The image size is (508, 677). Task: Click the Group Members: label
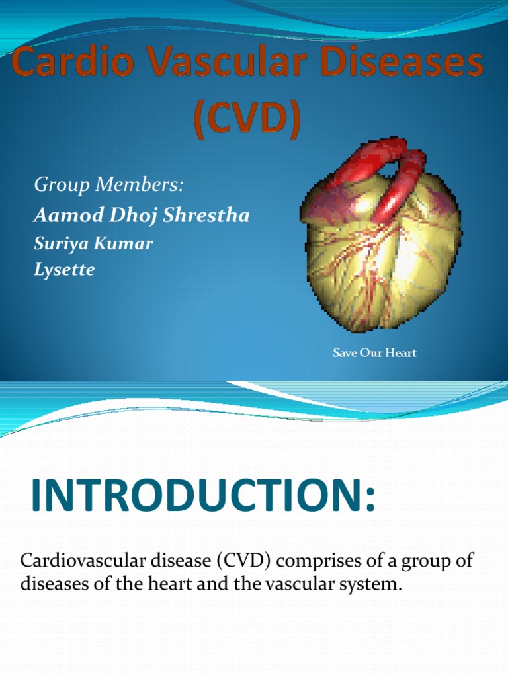108,186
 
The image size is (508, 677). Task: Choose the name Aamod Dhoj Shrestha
142,216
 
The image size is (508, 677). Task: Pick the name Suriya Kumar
93,243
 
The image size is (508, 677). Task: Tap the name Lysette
64,270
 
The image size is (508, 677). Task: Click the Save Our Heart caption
374,353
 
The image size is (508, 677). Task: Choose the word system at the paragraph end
376,584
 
